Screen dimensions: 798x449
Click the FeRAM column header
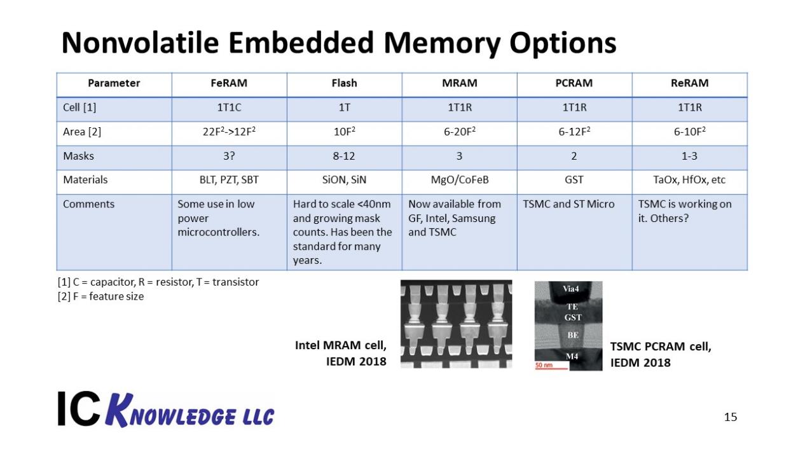(x=229, y=83)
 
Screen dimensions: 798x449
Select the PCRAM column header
(x=574, y=83)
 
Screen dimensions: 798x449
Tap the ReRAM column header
(x=689, y=83)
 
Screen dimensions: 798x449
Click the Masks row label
(x=78, y=156)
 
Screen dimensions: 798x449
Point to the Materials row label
(x=85, y=179)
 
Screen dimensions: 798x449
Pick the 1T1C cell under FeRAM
(x=229, y=107)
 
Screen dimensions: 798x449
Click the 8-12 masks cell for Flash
(x=344, y=156)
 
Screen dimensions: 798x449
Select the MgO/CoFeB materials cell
(x=460, y=179)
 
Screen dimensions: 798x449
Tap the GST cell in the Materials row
(x=574, y=179)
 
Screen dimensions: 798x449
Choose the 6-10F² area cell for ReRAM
(x=689, y=132)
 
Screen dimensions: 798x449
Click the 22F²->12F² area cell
(x=229, y=132)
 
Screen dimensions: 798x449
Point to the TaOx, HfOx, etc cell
(x=689, y=179)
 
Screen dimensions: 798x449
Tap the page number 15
(x=731, y=417)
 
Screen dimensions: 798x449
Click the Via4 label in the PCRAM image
(x=571, y=289)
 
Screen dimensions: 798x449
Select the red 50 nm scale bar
(x=551, y=368)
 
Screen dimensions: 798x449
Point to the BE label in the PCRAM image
(x=573, y=335)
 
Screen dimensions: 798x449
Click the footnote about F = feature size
(x=100, y=296)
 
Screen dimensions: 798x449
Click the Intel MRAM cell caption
(x=341, y=353)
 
